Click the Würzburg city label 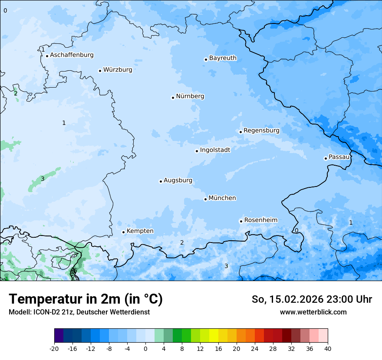pyautogui.click(x=118, y=70)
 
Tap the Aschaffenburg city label pyautogui.click(x=72, y=55)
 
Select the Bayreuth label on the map pyautogui.click(x=223, y=58)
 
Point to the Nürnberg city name pyautogui.click(x=190, y=96)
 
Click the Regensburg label pyautogui.click(x=261, y=131)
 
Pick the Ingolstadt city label pyautogui.click(x=215, y=150)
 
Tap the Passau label pyautogui.click(x=339, y=157)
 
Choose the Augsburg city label pyautogui.click(x=178, y=180)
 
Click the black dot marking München pyautogui.click(x=205, y=199)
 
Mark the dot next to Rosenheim pyautogui.click(x=241, y=221)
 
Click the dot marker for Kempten pyautogui.click(x=123, y=232)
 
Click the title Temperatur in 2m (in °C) pyautogui.click(x=86, y=299)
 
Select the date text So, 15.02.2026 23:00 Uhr pyautogui.click(x=312, y=299)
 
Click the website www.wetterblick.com pyautogui.click(x=313, y=312)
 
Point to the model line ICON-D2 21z pyautogui.click(x=79, y=312)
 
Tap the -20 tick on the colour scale pyautogui.click(x=54, y=348)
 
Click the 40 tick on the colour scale pyautogui.click(x=328, y=348)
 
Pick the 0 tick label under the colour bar pyautogui.click(x=145, y=348)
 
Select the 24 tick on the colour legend pyautogui.click(x=255, y=348)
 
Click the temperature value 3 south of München pyautogui.click(x=226, y=266)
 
